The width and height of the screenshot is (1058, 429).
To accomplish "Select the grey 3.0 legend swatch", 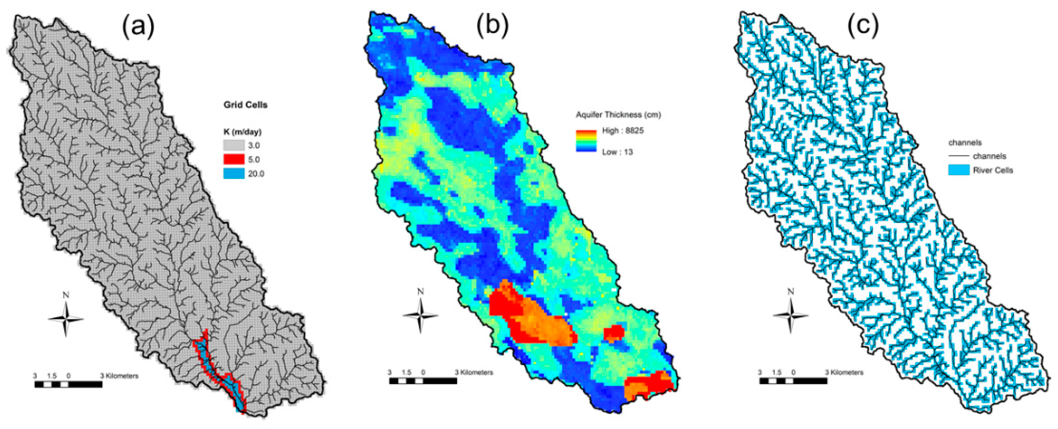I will [234, 146].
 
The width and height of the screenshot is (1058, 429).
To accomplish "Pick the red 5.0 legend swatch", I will [234, 160].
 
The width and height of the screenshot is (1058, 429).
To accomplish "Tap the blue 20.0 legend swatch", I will [234, 174].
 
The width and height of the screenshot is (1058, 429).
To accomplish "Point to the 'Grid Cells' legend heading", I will [245, 105].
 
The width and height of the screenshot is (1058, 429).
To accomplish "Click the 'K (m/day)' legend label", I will [242, 132].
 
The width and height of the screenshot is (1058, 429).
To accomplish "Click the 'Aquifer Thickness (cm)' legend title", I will [618, 115].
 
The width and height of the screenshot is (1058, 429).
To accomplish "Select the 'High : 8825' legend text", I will [623, 131].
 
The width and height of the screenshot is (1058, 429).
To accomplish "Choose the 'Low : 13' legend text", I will [617, 152].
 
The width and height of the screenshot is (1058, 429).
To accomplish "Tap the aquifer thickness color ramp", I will [586, 142].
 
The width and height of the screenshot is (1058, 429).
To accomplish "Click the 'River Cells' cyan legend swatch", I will [959, 170].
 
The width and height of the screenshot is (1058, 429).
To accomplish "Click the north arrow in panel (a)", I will [66, 318].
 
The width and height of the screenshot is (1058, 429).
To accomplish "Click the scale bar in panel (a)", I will [69, 385].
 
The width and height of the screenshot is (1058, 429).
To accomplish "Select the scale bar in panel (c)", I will [793, 381].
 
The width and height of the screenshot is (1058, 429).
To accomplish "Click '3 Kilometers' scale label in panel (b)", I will [474, 373].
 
